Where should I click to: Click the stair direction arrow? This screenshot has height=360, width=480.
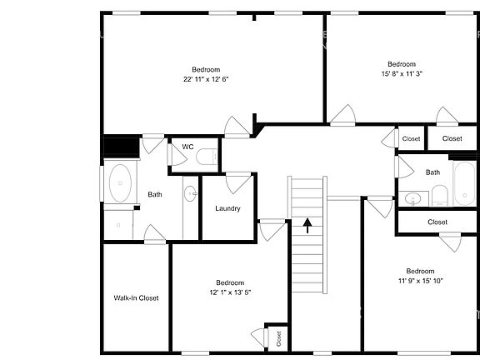(x=307, y=224)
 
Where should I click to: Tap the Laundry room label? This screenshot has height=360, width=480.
(x=227, y=208)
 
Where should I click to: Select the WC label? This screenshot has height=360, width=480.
(x=188, y=147)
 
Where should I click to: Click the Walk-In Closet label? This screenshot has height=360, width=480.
(x=136, y=297)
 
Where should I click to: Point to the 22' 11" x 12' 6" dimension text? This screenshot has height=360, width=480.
(x=206, y=79)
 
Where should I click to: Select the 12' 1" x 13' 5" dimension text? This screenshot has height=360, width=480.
(x=229, y=292)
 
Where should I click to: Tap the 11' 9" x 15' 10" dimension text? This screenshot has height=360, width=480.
(x=420, y=281)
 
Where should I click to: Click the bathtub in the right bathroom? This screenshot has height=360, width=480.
(x=462, y=184)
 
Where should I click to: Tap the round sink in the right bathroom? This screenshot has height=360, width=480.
(x=412, y=198)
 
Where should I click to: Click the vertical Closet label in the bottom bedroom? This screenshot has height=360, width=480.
(x=278, y=337)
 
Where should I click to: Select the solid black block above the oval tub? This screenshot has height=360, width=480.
(x=119, y=147)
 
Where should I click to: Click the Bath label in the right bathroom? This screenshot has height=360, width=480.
(x=432, y=172)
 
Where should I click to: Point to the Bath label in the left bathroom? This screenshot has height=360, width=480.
(x=155, y=194)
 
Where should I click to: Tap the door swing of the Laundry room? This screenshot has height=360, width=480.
(x=238, y=182)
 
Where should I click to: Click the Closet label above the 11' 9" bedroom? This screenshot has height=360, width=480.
(x=437, y=222)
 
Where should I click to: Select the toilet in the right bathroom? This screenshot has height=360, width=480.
(x=440, y=197)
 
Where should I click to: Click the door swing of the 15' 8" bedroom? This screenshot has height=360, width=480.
(x=342, y=116)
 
